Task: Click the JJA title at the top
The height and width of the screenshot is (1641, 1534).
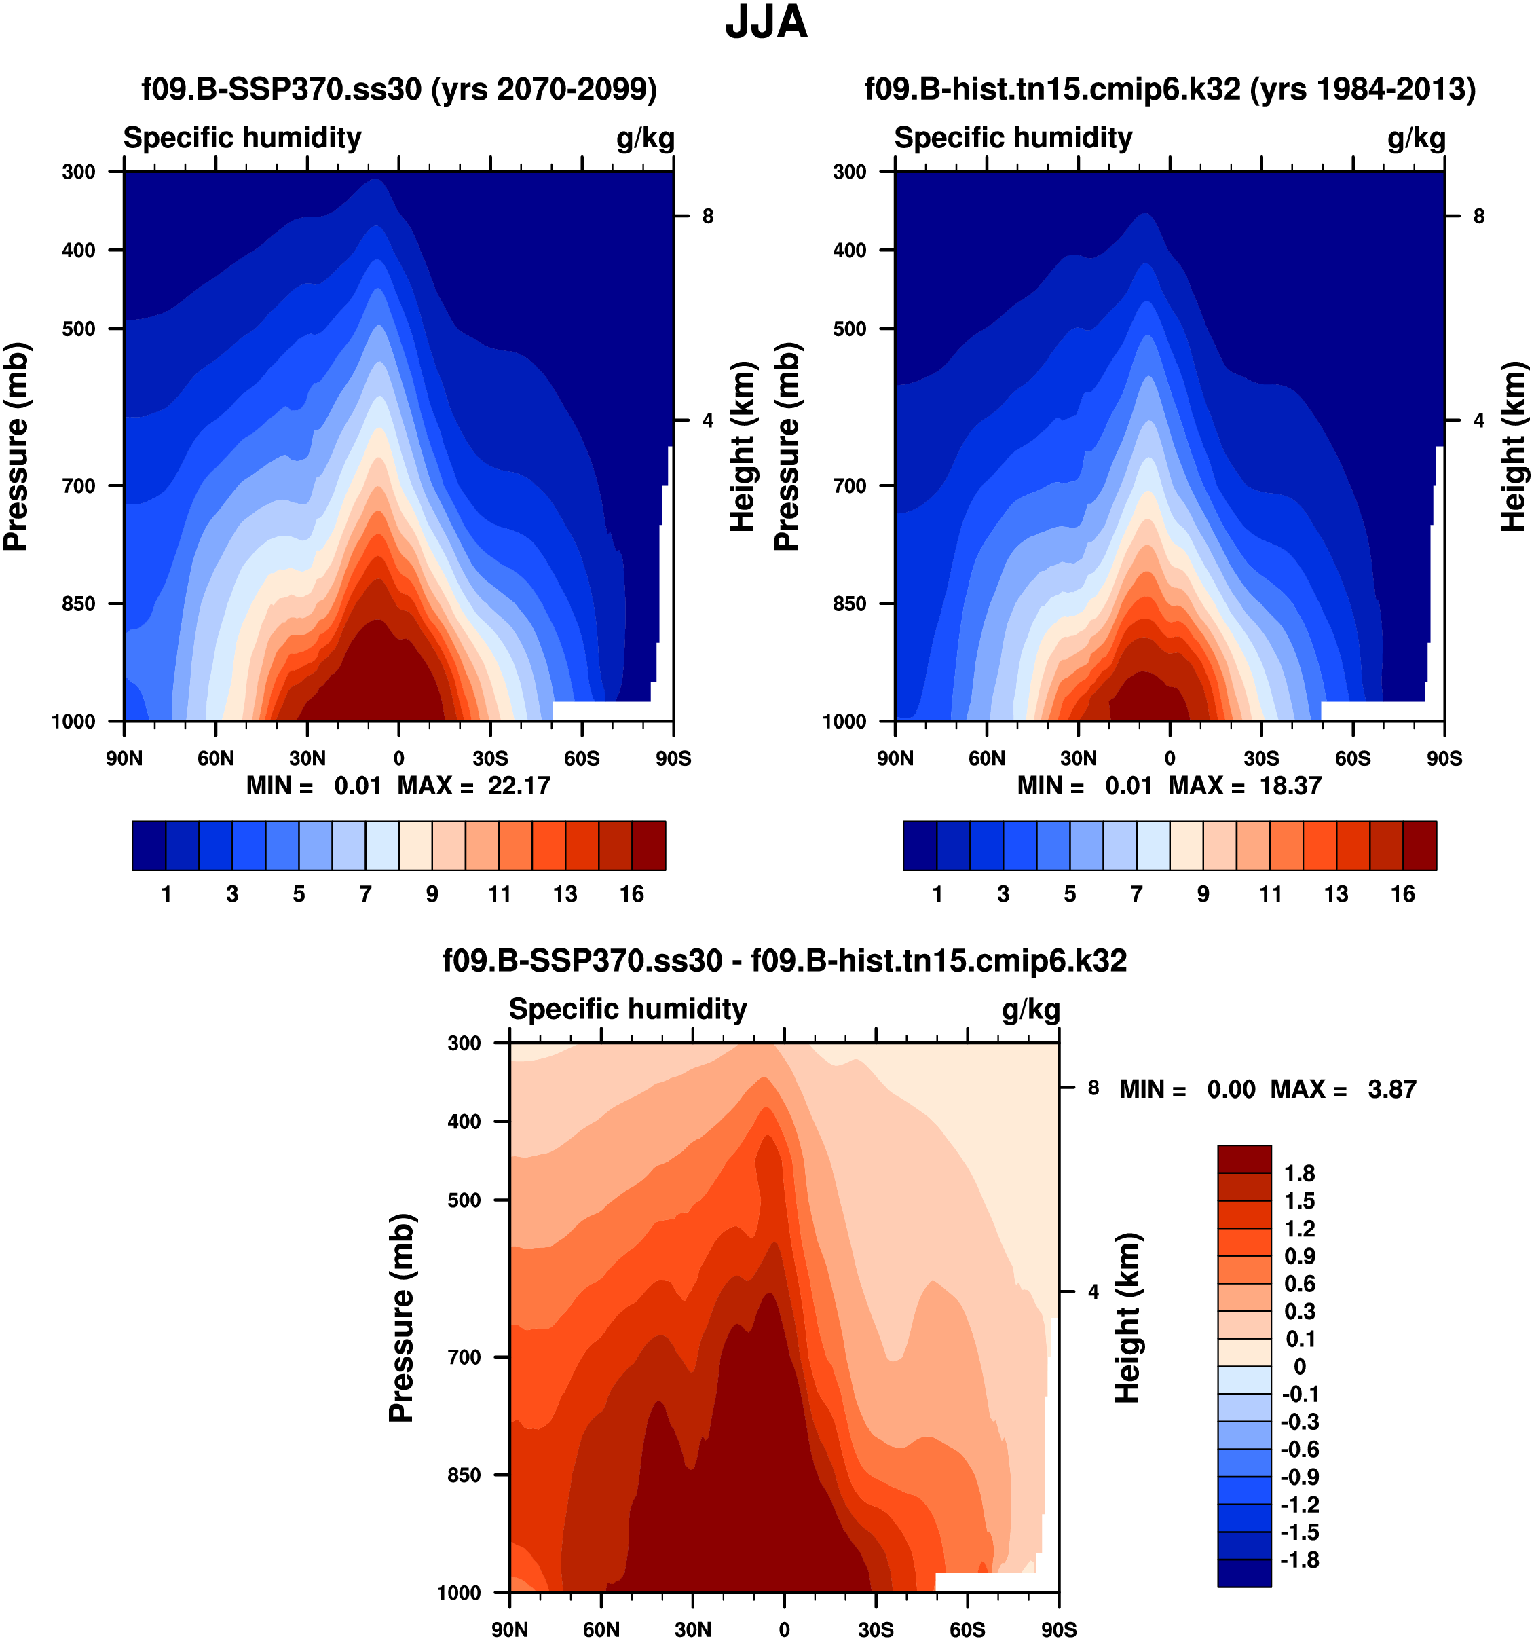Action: [x=766, y=23]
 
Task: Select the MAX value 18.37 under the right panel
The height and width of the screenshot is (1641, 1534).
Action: [x=1290, y=785]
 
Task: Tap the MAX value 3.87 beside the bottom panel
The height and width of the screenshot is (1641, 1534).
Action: [x=1391, y=1090]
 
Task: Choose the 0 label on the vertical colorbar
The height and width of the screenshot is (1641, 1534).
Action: [x=1300, y=1367]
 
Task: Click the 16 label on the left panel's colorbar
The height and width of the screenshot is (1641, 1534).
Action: [x=632, y=894]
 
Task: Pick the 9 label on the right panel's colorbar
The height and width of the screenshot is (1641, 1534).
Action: [x=1203, y=894]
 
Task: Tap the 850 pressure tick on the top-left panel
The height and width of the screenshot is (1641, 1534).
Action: [x=79, y=604]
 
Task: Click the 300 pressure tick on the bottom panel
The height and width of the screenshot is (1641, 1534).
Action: [x=464, y=1044]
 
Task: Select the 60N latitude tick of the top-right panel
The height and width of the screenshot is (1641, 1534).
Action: [x=987, y=758]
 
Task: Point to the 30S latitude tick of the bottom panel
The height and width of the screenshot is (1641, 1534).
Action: [x=876, y=1629]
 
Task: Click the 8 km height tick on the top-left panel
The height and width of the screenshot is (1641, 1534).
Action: [x=708, y=217]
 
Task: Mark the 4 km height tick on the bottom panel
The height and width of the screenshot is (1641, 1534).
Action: [x=1093, y=1292]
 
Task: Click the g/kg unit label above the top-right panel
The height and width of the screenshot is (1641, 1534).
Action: [x=1416, y=139]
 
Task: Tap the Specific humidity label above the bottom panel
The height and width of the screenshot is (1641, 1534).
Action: [x=627, y=1009]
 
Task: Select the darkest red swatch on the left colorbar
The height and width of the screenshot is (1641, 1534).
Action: [x=649, y=845]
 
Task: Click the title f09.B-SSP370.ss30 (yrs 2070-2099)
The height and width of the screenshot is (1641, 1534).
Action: [x=399, y=89]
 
